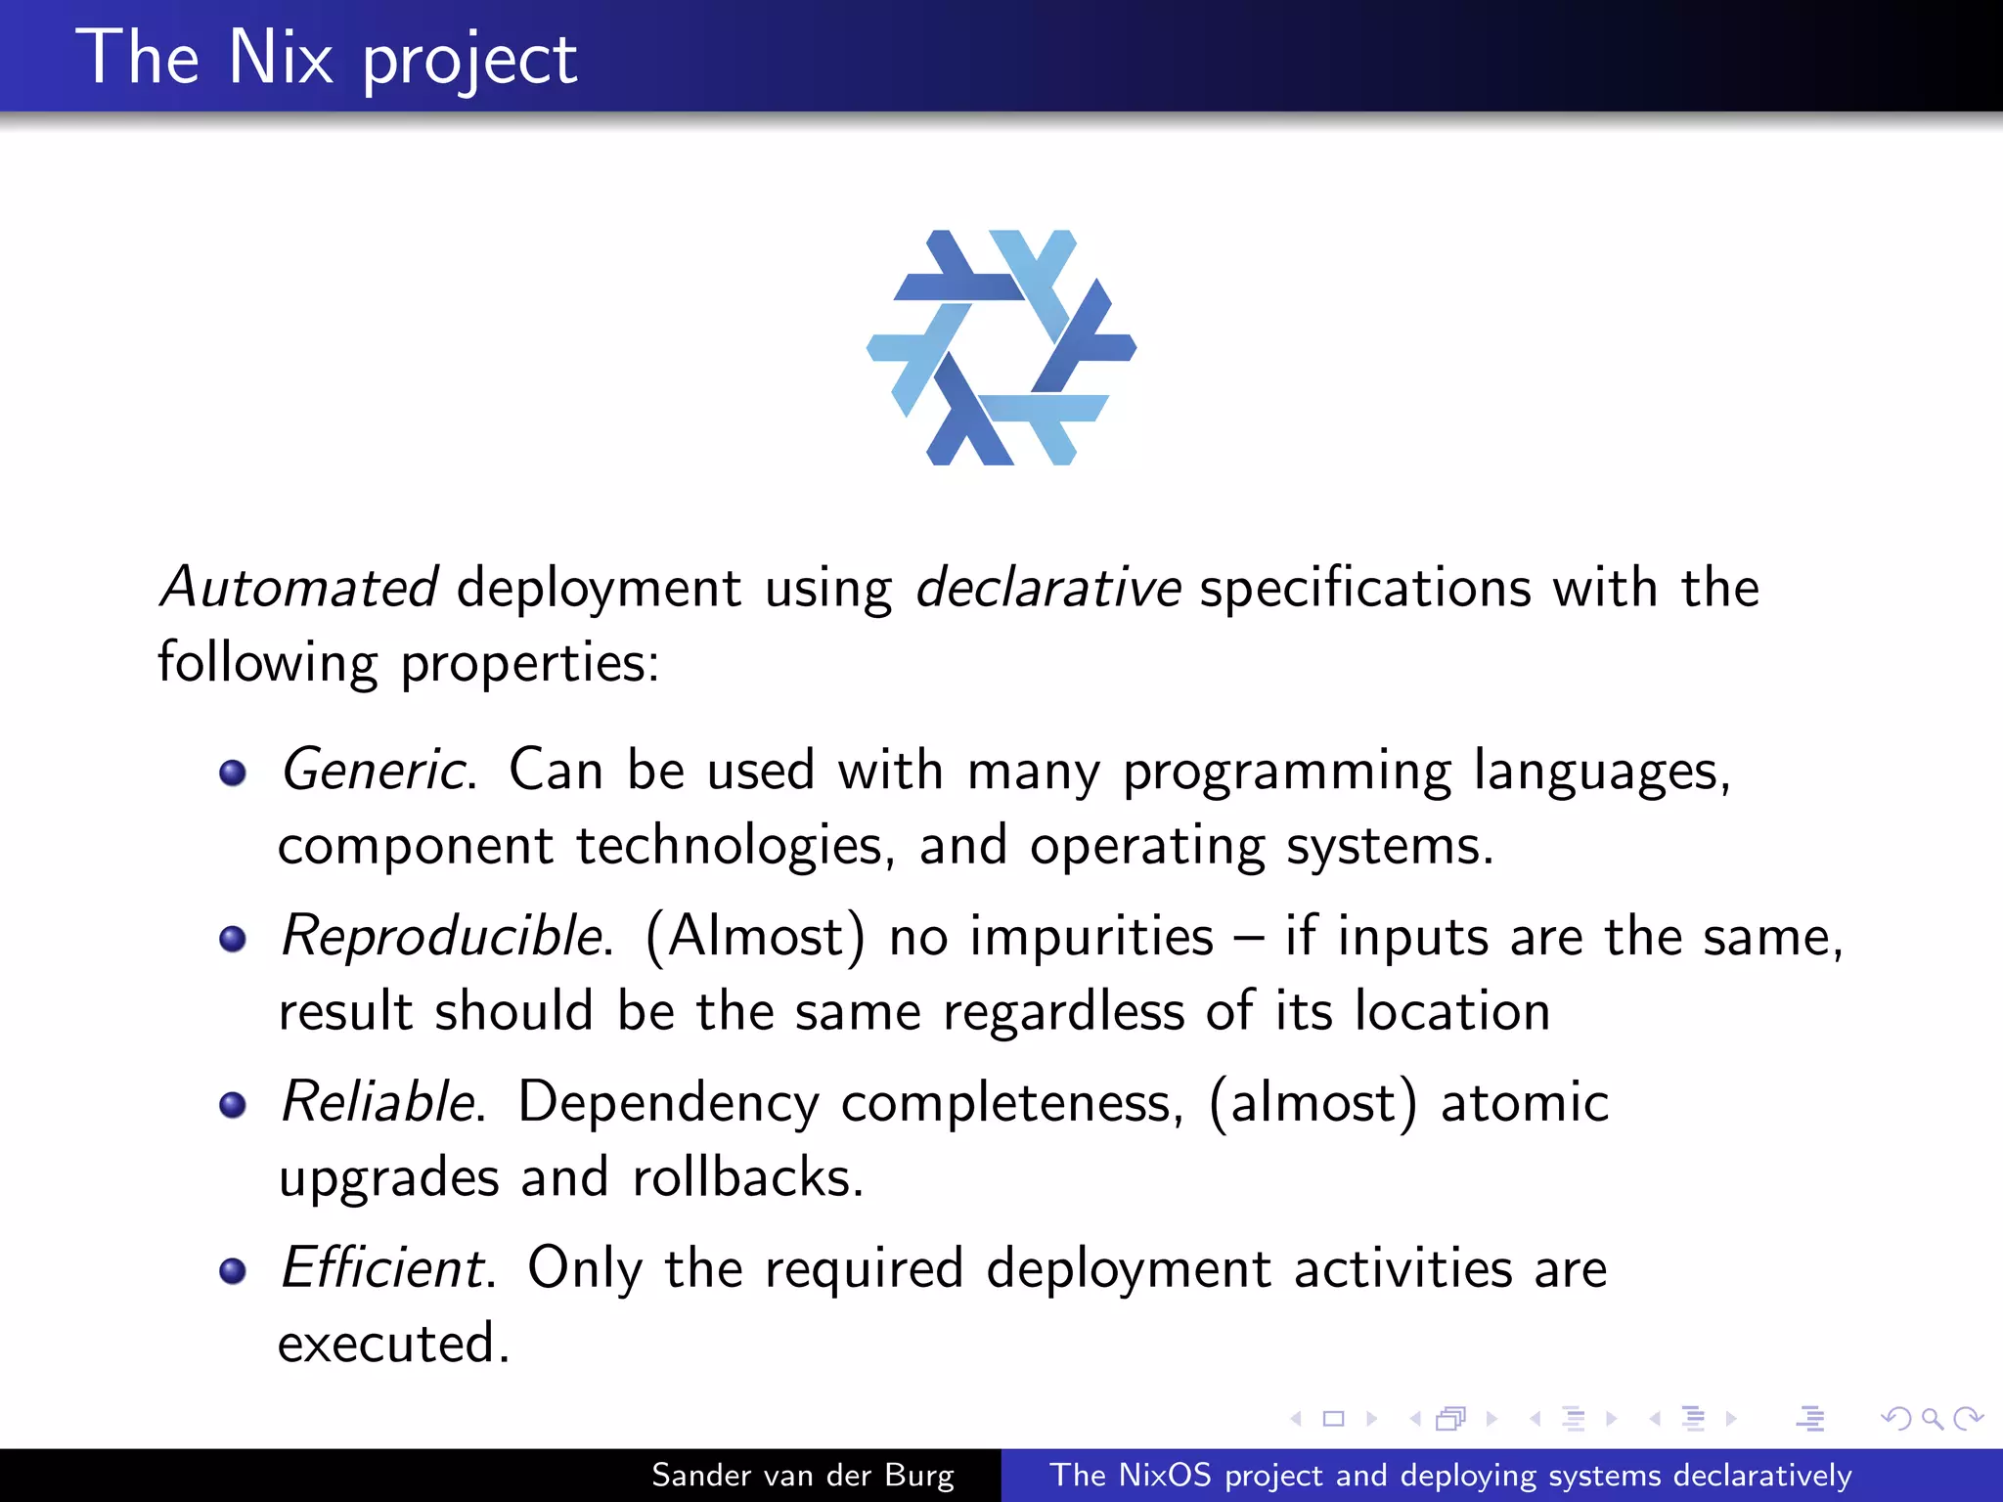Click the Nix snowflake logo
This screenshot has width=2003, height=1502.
click(x=1001, y=347)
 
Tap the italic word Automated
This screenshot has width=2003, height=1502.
click(x=299, y=588)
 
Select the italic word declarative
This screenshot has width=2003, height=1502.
click(x=1048, y=588)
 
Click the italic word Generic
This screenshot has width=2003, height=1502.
click(x=375, y=770)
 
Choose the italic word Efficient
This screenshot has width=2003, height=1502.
click(x=384, y=1268)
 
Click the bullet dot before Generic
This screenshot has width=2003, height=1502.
click(x=233, y=773)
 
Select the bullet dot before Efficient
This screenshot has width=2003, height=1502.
click(x=233, y=1271)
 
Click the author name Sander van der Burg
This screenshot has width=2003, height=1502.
click(x=802, y=1476)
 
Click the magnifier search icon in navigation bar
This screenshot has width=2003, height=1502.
click(x=1932, y=1418)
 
